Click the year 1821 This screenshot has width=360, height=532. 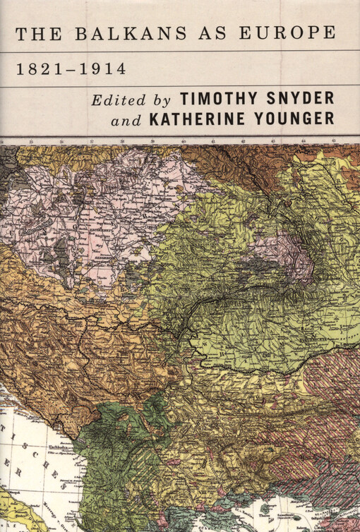[x=39, y=69]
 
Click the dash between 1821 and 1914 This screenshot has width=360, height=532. [x=71, y=70]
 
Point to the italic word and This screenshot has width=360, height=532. [x=126, y=120]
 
